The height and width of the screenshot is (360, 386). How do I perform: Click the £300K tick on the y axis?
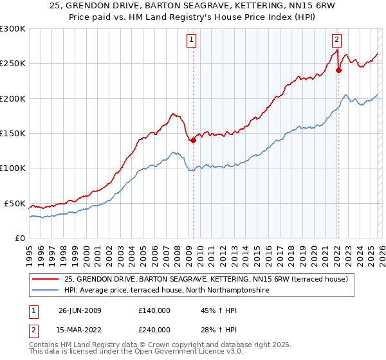coord(13,29)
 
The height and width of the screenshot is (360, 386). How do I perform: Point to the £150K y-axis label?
coord(13,133)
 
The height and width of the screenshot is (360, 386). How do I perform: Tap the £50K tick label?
coord(15,203)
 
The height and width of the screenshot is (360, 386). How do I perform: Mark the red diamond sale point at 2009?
coord(193,140)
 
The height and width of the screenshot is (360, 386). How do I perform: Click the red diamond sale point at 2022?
coord(338,71)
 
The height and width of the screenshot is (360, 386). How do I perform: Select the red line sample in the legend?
coord(46,279)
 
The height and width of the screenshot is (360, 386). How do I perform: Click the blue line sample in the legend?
coord(46,291)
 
